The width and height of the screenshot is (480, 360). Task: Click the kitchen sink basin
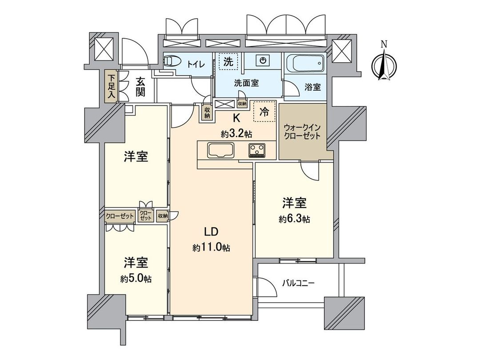tap(219, 150)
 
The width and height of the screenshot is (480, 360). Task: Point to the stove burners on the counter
tap(257, 150)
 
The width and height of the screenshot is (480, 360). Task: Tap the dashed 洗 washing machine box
tap(228, 62)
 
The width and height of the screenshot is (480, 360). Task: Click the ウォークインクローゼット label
tap(302, 132)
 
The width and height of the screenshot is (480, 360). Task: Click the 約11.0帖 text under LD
tap(211, 248)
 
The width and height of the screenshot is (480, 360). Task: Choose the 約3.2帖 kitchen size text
tap(237, 134)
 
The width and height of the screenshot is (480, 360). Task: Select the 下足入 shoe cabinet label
tap(111, 87)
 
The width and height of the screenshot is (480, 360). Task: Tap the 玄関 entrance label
tap(140, 87)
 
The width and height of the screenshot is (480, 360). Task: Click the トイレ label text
tap(196, 64)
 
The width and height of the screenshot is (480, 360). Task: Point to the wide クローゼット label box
tap(120, 216)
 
